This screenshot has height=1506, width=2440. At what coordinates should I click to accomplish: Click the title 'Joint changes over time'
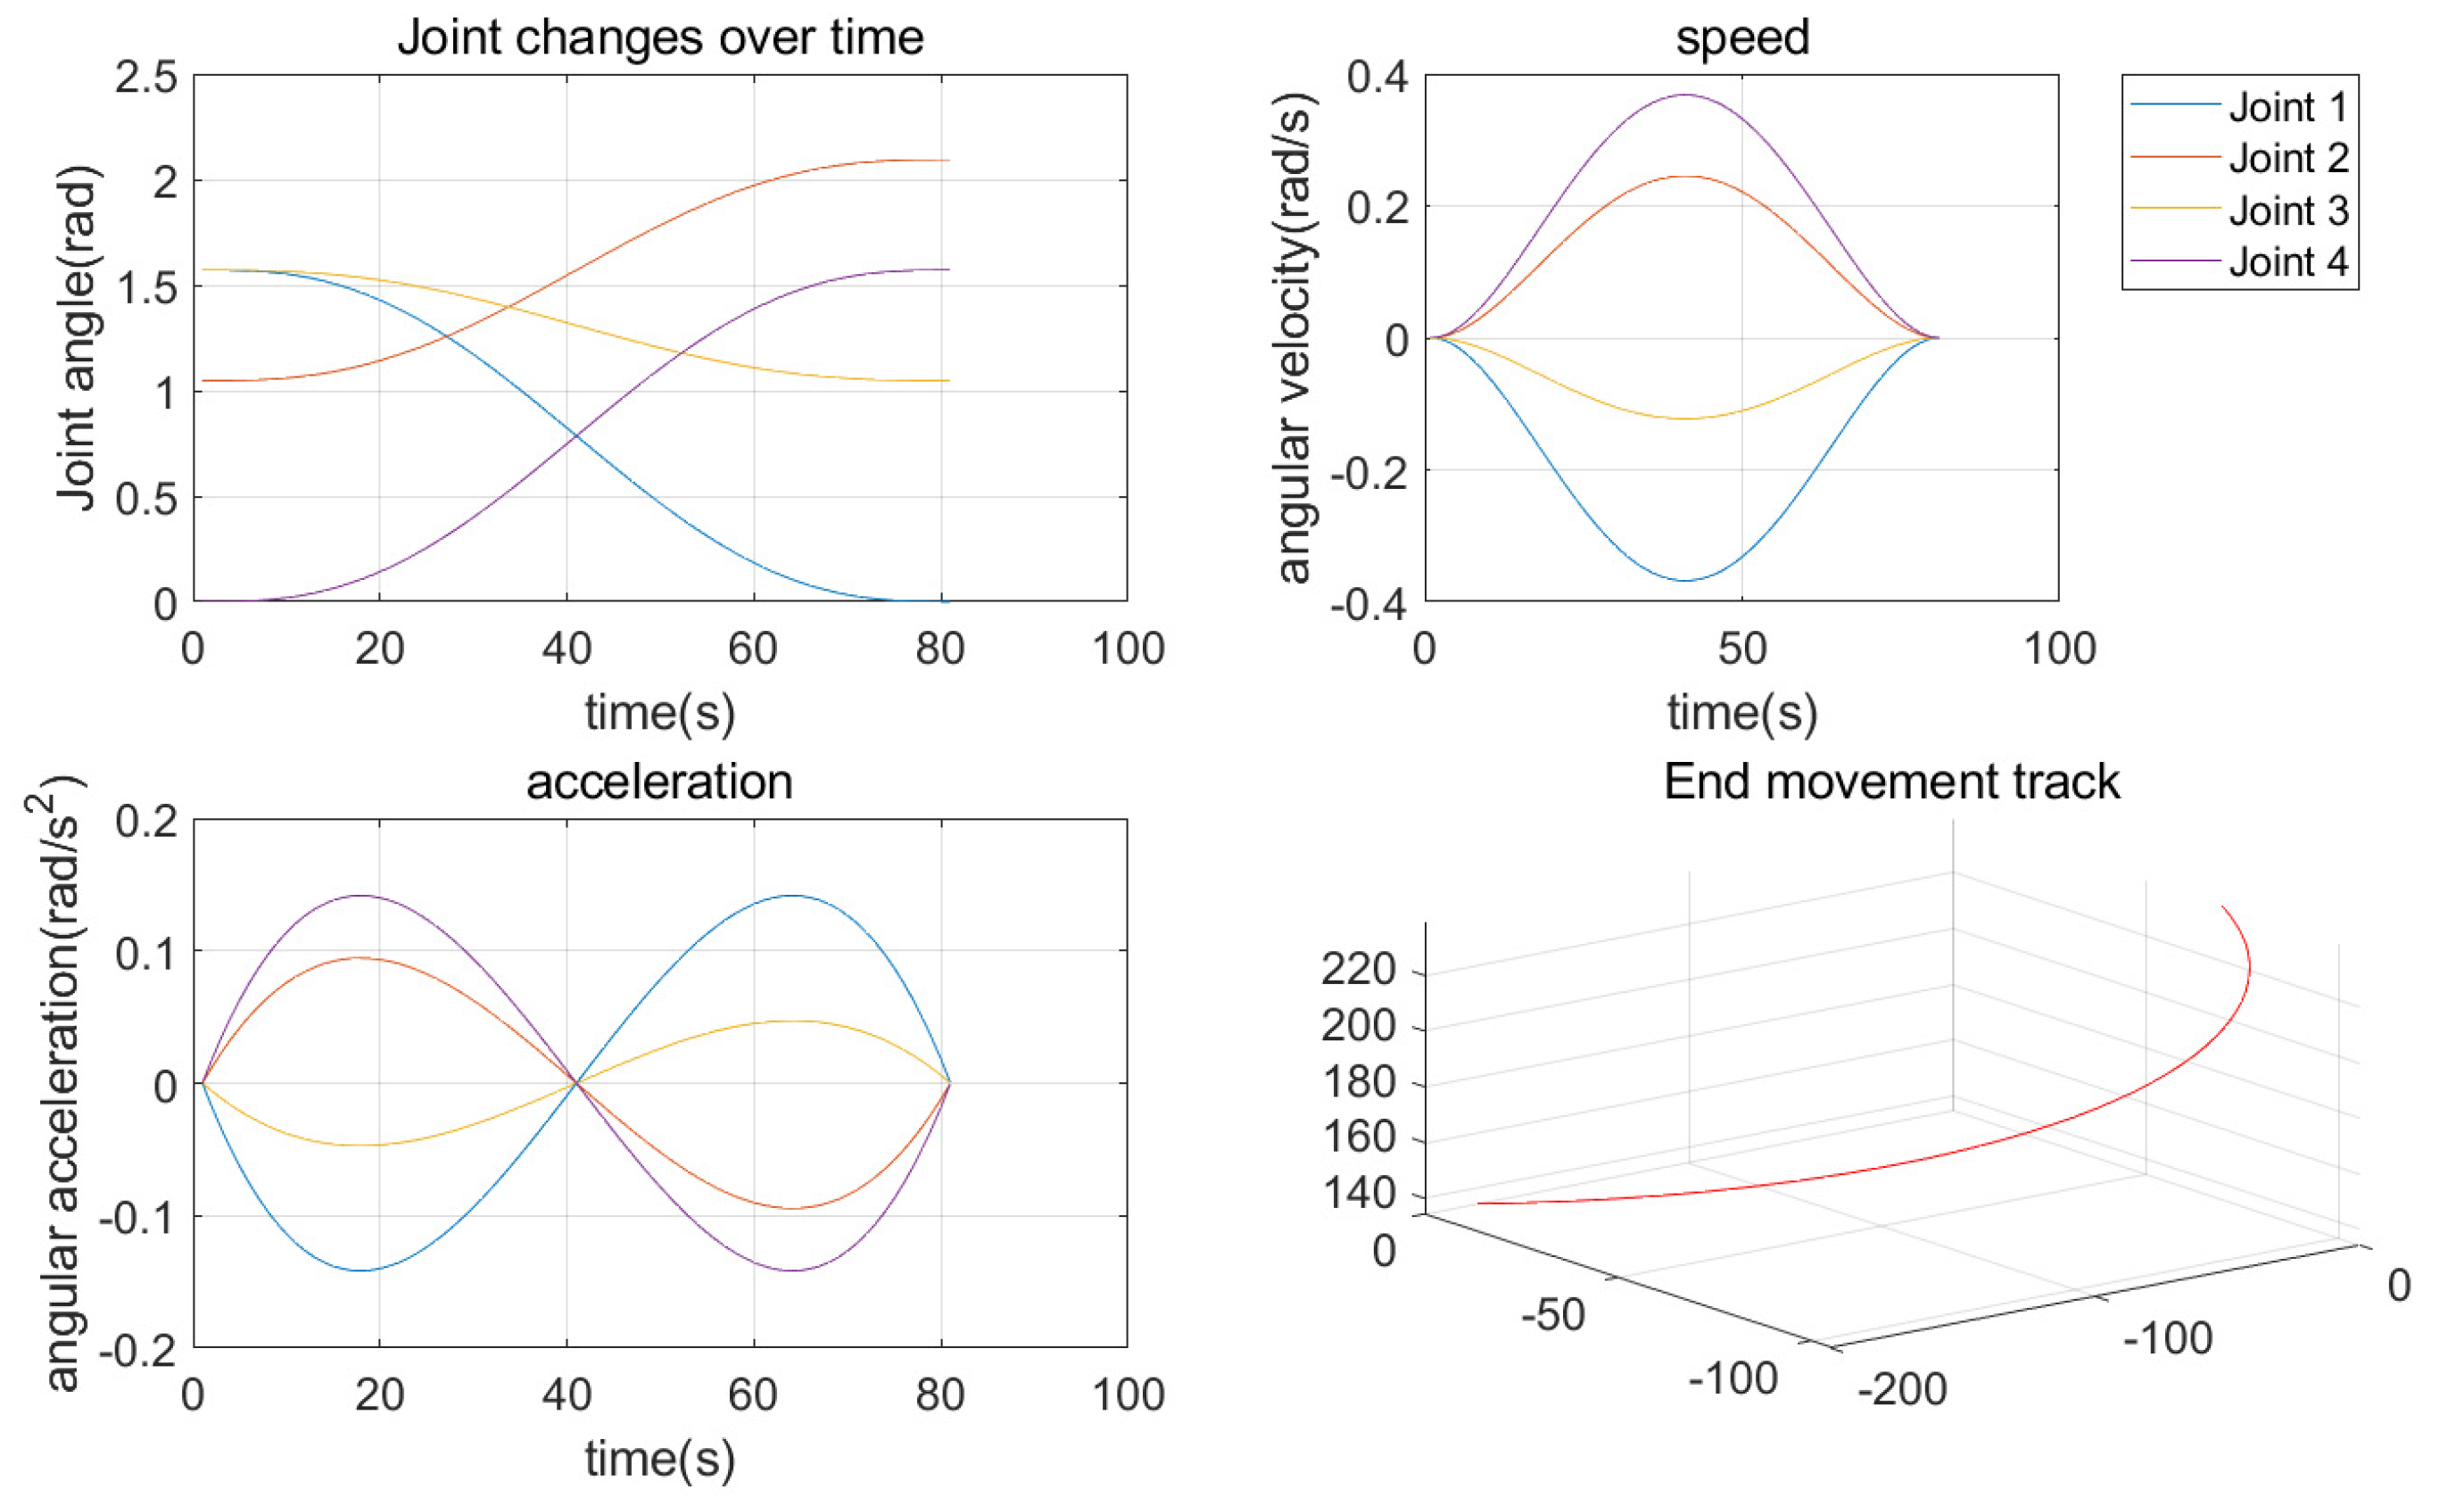[x=660, y=37]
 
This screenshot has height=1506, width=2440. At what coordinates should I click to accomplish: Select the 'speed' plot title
[x=1741, y=37]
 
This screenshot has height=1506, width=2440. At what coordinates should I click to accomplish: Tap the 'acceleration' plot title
[x=659, y=782]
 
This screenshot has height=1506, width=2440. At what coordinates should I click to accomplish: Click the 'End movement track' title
[x=1891, y=782]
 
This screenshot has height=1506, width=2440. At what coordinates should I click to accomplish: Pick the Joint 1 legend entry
[x=2287, y=106]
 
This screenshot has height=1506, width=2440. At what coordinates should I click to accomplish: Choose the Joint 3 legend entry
[x=2287, y=211]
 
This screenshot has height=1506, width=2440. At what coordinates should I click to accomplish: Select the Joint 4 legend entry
[x=2287, y=262]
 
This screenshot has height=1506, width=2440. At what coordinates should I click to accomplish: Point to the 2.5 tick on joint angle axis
[x=145, y=78]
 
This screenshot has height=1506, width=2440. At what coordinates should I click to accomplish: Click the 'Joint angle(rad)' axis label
[x=78, y=339]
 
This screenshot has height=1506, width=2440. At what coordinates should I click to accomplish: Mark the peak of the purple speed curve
[x=1685, y=95]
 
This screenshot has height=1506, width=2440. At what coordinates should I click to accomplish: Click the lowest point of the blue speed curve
[x=1685, y=580]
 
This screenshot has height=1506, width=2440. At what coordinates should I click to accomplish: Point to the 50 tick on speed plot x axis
[x=1741, y=650]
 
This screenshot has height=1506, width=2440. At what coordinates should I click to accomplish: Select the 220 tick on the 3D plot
[x=1359, y=968]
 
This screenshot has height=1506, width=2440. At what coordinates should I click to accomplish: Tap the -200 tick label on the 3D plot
[x=1902, y=1388]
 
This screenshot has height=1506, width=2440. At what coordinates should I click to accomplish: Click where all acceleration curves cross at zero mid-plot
[x=575, y=1083]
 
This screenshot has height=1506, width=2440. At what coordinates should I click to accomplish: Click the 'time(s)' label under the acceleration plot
[x=659, y=1460]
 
